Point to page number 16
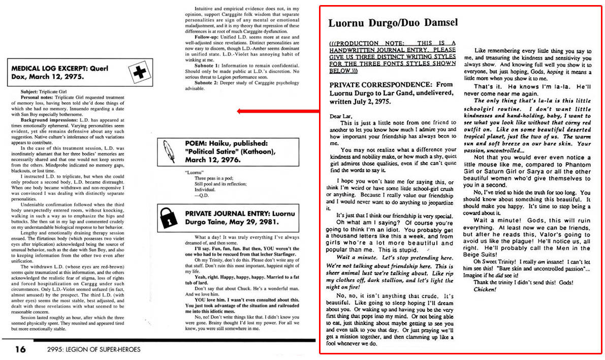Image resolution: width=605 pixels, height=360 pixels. click(20, 349)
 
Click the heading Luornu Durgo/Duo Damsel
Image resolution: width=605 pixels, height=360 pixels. click(393, 23)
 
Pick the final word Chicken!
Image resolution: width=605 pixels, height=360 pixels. click(485, 289)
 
